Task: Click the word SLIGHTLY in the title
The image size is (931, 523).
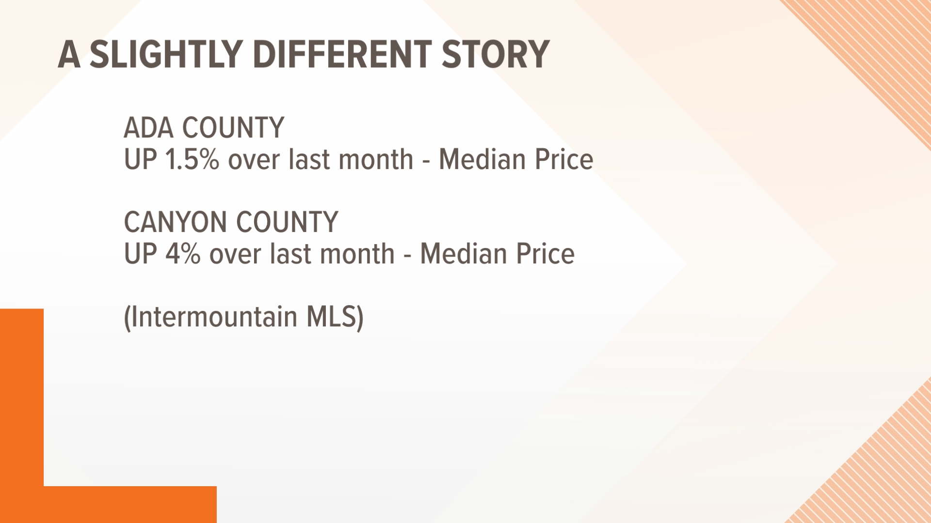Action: [166, 54]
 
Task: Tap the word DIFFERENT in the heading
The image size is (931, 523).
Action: [342, 54]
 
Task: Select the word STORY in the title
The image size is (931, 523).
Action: [495, 54]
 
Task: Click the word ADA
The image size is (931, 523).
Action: [148, 128]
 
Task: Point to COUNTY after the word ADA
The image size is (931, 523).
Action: [233, 128]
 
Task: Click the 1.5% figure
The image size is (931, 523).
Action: [192, 160]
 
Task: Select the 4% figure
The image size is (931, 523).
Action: [183, 254]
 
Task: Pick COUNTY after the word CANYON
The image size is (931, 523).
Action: [287, 222]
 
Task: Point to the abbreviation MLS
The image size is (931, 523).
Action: [332, 317]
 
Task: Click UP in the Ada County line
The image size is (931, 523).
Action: [140, 160]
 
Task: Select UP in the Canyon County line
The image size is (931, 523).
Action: [140, 254]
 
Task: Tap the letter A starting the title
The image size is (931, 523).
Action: [69, 54]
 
